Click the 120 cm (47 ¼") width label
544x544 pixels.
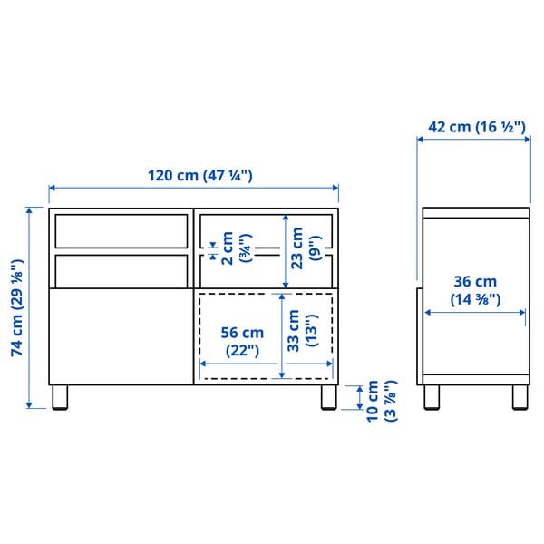point(194,176)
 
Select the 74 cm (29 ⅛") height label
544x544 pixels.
point(16,307)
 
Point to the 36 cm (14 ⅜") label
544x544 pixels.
point(473,290)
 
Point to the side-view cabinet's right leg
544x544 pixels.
point(520,397)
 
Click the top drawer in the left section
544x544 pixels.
point(120,230)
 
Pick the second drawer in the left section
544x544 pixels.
point(120,269)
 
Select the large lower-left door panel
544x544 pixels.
point(120,335)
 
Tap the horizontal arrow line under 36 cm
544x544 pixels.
point(473,313)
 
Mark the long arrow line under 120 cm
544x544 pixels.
point(193,189)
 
